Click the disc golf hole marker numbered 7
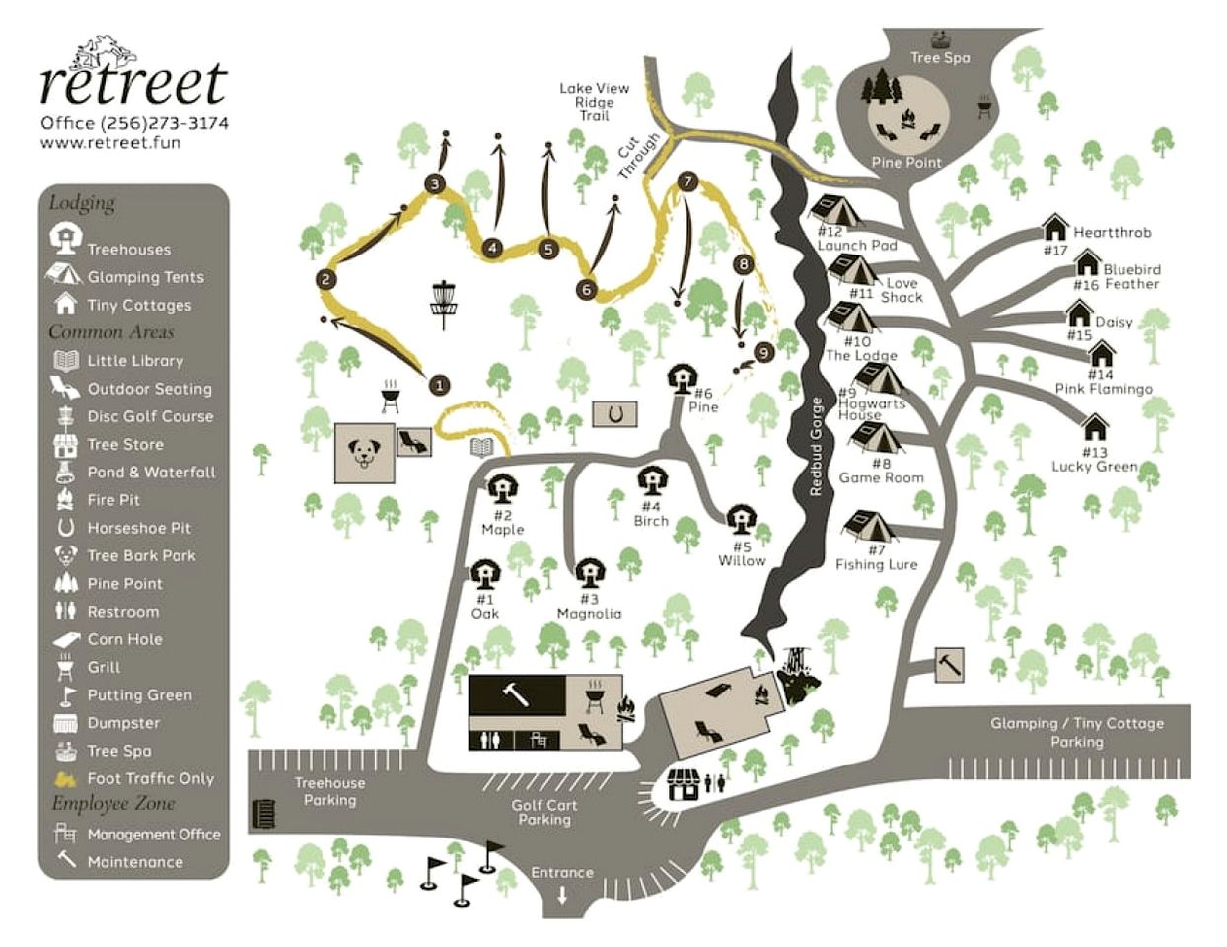click(x=687, y=182)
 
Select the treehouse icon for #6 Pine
click(x=681, y=378)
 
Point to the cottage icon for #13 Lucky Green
click(x=1095, y=428)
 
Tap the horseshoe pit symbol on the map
click(x=613, y=414)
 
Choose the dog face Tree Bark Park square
click(x=365, y=454)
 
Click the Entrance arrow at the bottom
click(x=562, y=896)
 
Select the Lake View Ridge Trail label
click(x=594, y=102)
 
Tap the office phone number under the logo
click(x=134, y=123)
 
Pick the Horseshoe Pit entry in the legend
click(x=138, y=528)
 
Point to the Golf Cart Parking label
click(x=544, y=812)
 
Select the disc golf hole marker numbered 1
click(x=439, y=385)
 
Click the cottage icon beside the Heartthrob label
click(x=1055, y=230)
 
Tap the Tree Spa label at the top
click(x=940, y=57)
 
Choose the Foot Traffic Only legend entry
click(x=149, y=778)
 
